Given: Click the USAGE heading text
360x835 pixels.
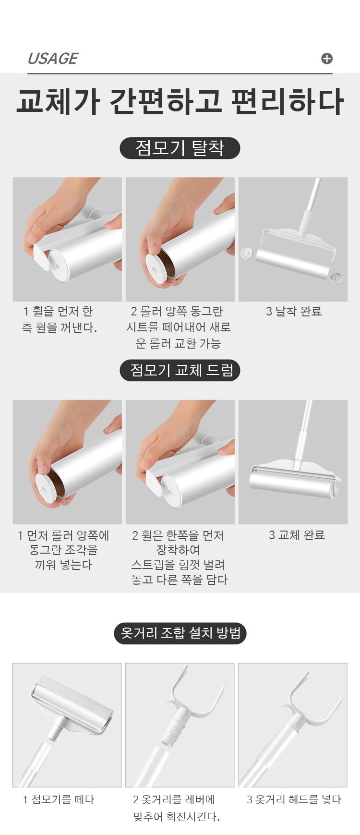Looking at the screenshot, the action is [52, 59].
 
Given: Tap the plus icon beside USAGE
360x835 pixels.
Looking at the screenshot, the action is [327, 59].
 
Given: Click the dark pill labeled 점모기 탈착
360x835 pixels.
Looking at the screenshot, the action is [180, 148].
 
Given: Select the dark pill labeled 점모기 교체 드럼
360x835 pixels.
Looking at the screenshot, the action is [180, 370].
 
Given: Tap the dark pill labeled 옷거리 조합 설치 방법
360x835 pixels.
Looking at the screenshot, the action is [180, 633].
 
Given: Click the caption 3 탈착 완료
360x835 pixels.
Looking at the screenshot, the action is [294, 311].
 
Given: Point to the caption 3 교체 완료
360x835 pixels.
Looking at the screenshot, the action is [297, 535].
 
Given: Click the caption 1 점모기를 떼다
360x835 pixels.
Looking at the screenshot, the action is [59, 799].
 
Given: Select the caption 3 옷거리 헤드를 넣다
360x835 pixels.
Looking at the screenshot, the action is [294, 799].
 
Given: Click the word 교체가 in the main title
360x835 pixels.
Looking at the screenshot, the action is [58, 101].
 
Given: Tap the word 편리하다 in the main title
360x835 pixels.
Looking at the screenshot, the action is [287, 101].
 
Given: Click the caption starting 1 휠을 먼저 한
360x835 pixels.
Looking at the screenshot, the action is [59, 319].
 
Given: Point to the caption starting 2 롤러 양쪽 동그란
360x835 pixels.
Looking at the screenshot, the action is [179, 327].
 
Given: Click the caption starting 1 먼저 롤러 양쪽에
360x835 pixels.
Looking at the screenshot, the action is [63, 550].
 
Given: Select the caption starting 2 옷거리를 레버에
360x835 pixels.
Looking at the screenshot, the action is [176, 808].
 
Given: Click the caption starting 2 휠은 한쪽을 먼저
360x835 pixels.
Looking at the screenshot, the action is [179, 557].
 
